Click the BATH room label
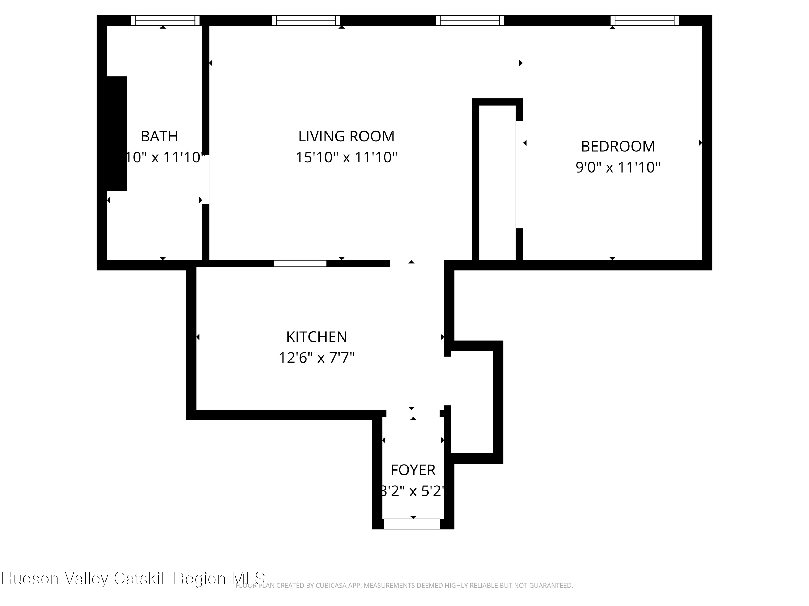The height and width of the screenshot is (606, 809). pyautogui.click(x=159, y=136)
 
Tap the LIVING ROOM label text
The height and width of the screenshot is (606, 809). pyautogui.click(x=346, y=136)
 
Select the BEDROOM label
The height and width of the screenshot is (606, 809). pyautogui.click(x=618, y=147)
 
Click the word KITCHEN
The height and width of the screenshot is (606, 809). pyautogui.click(x=316, y=337)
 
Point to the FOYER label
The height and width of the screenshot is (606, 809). pyautogui.click(x=413, y=470)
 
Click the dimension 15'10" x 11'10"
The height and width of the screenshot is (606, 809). pyautogui.click(x=346, y=158)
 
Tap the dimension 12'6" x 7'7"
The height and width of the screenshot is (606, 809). pyautogui.click(x=316, y=358)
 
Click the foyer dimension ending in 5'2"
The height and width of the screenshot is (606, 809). pyautogui.click(x=413, y=491)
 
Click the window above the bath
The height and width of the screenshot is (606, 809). pyautogui.click(x=165, y=20)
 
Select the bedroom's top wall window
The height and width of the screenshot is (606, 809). pyautogui.click(x=645, y=20)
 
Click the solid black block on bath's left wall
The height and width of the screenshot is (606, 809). pyautogui.click(x=117, y=133)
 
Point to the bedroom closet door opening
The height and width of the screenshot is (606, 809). pyautogui.click(x=519, y=174)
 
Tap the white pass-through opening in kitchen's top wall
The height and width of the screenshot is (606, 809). pyautogui.click(x=300, y=263)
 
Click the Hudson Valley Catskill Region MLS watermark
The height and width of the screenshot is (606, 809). pyautogui.click(x=133, y=578)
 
